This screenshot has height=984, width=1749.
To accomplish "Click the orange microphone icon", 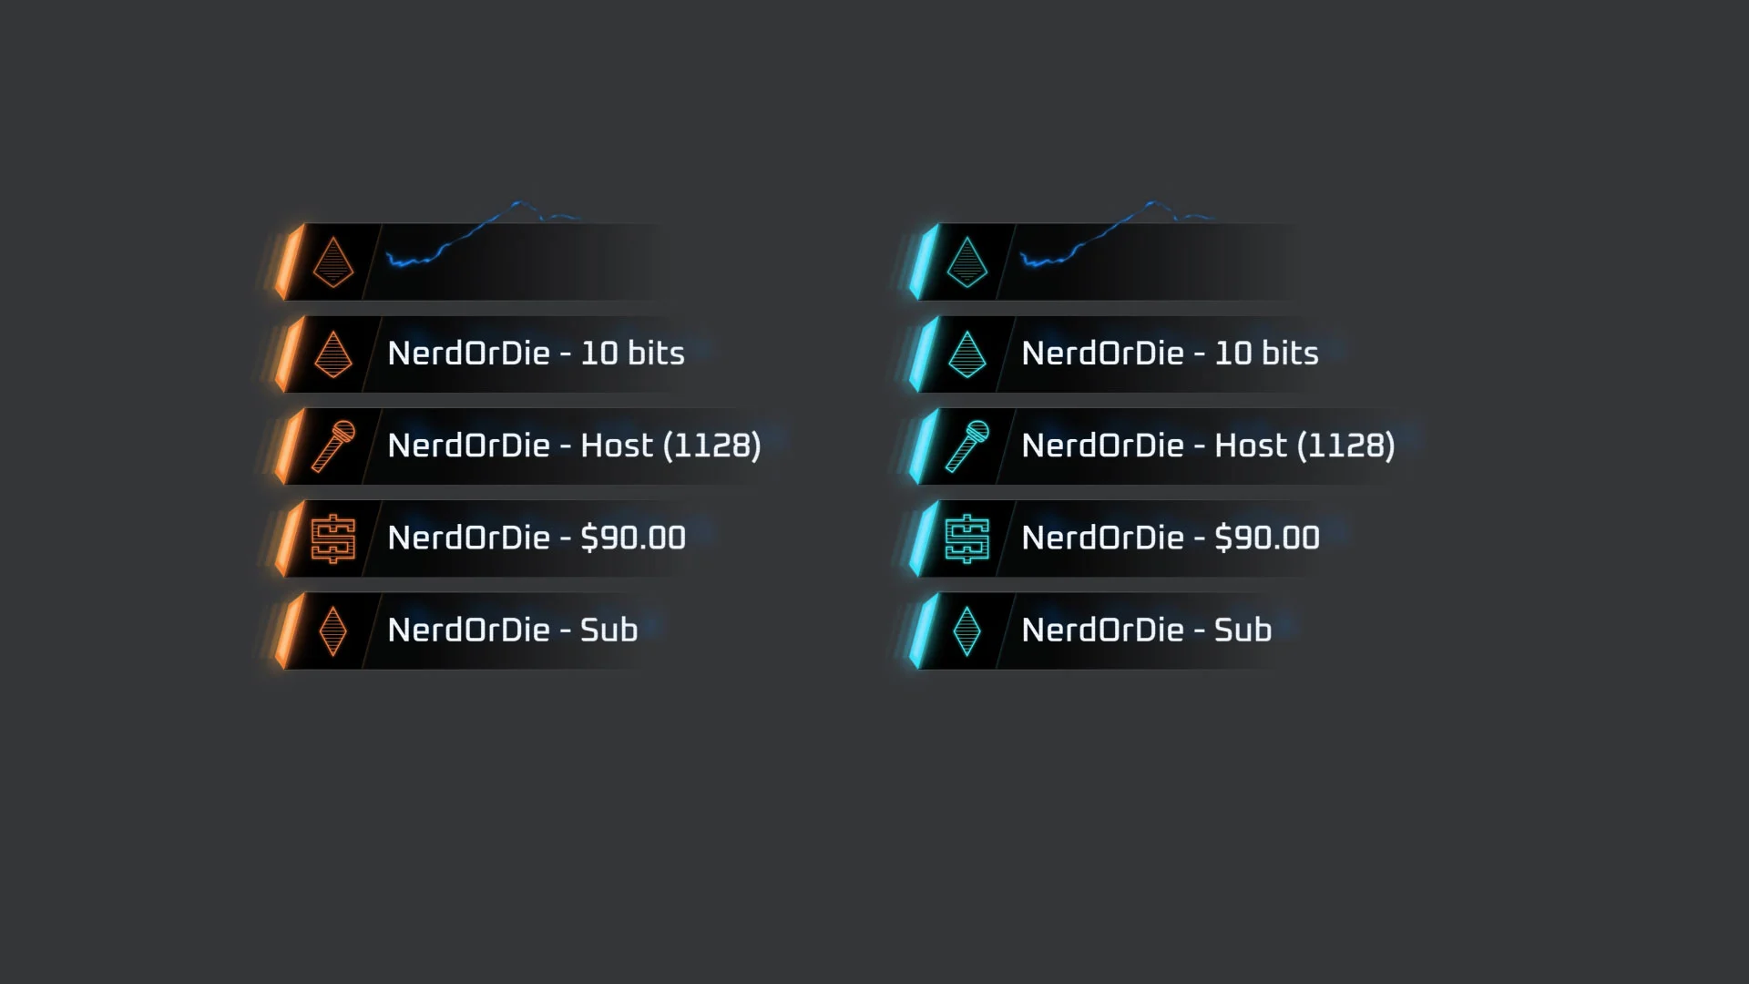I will tap(332, 446).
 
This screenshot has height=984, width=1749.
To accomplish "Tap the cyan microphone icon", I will tap(967, 446).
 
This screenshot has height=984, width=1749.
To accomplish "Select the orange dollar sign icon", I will tap(332, 538).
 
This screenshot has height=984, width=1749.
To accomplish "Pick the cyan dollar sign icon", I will tap(967, 538).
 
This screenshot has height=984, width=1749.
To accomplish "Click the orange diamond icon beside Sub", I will tap(332, 630).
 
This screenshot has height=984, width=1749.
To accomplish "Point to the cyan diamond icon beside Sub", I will tap(967, 630).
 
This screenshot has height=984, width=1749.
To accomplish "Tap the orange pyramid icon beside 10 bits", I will tap(332, 354).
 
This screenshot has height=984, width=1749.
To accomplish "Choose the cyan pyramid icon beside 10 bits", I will tap(967, 354).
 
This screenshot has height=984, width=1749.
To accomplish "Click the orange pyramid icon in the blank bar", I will tap(332, 261).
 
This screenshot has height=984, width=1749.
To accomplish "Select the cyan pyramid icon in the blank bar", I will tap(967, 261).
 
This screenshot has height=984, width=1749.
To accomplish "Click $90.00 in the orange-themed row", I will tap(633, 538).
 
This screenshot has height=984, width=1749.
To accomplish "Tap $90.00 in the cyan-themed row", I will tap(1267, 538).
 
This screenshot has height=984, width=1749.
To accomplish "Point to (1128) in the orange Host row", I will tap(711, 446).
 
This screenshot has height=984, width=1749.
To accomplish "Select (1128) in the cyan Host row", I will tap(1345, 446).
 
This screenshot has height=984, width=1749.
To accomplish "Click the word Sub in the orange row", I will tap(609, 630).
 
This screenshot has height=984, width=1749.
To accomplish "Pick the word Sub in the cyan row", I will tap(1243, 630).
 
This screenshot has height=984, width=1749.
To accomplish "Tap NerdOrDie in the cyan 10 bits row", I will tap(1102, 354).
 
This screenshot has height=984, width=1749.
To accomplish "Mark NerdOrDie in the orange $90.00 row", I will tap(468, 538).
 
